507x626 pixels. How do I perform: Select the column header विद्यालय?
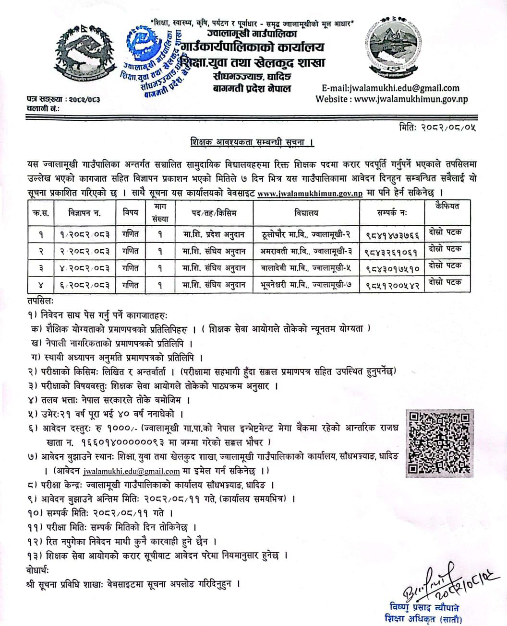pos(306,212)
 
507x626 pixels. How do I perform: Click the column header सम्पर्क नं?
pos(393,212)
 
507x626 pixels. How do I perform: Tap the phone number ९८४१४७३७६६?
pos(393,235)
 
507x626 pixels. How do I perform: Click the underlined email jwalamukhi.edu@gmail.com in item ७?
pos(131,471)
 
